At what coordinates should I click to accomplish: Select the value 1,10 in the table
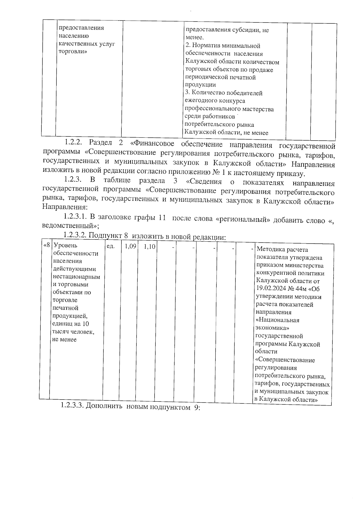click(x=149, y=247)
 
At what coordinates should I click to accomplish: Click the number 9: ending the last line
click(x=196, y=408)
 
